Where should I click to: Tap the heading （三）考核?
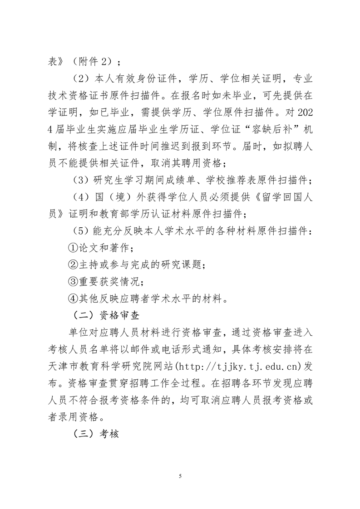(x=96, y=433)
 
